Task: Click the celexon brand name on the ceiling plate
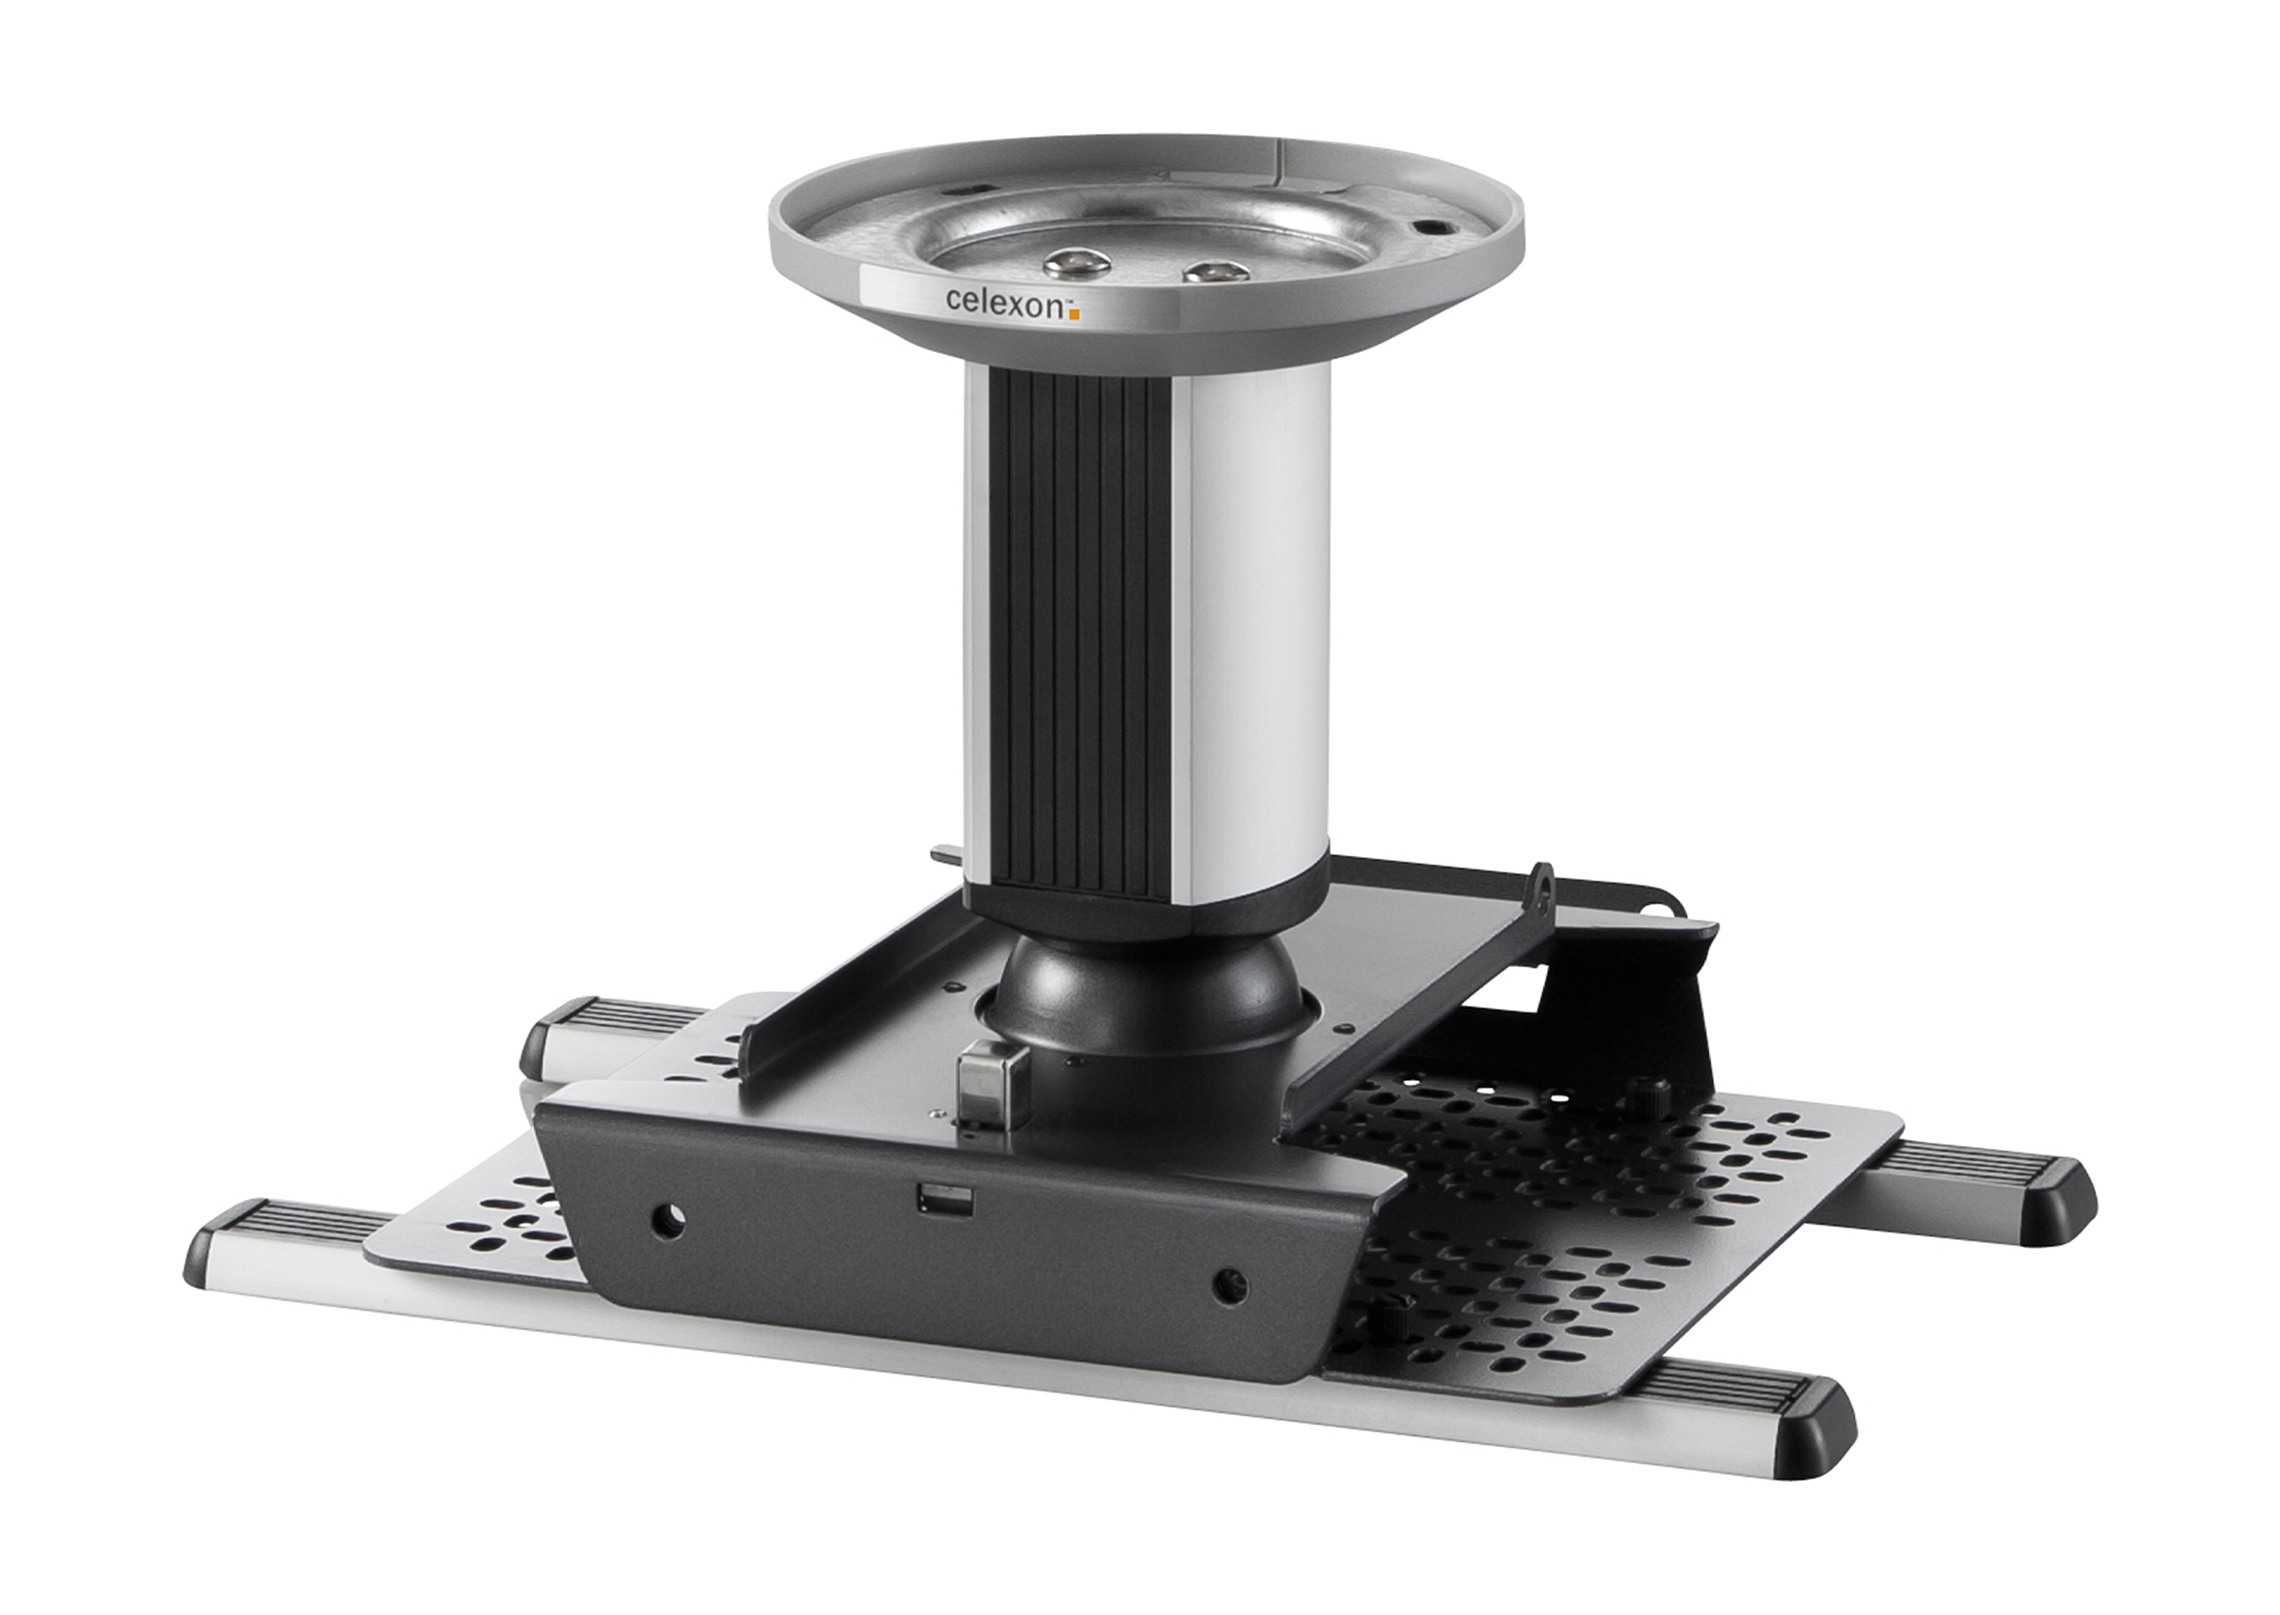click(x=1005, y=302)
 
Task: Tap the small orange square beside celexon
click(x=1073, y=314)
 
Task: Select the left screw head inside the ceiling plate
click(x=1077, y=261)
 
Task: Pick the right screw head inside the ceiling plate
click(x=1216, y=271)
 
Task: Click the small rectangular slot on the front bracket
click(x=943, y=1199)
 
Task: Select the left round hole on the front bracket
click(x=667, y=1220)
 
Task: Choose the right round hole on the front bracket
click(x=1229, y=1287)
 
